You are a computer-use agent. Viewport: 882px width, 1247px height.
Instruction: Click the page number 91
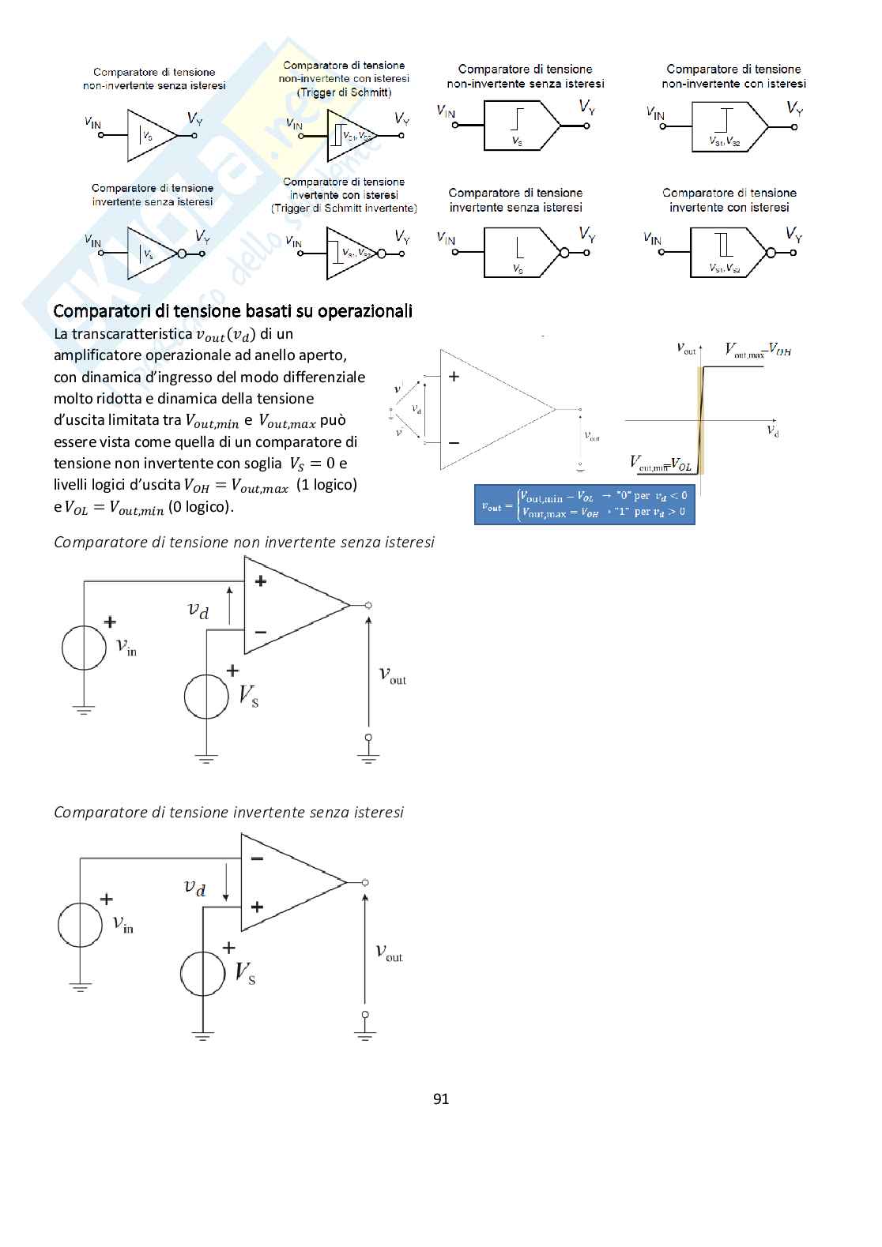[x=441, y=1099]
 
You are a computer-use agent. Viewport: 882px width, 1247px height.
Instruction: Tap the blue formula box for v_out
[x=584, y=504]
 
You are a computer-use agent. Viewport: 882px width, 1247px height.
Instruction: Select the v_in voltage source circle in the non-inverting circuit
[x=84, y=647]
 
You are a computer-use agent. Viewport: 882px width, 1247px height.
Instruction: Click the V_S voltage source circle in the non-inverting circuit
[x=206, y=697]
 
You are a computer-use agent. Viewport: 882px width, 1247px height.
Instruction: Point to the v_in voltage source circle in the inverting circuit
[x=80, y=925]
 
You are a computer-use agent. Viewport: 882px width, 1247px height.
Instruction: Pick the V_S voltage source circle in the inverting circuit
[x=202, y=974]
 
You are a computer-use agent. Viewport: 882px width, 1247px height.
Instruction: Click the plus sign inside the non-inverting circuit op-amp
[x=261, y=581]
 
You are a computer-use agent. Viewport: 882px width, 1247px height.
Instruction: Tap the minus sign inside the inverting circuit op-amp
[x=257, y=859]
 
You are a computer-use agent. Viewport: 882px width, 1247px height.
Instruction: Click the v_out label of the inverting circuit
[x=389, y=952]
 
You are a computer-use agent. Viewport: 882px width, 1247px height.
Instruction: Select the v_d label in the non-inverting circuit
[x=198, y=610]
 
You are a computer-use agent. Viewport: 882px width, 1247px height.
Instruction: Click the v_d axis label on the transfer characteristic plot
[x=772, y=430]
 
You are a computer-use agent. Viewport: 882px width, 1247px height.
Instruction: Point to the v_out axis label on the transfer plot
[x=686, y=347]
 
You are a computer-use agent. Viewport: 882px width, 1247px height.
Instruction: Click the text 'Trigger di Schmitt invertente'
[x=344, y=208]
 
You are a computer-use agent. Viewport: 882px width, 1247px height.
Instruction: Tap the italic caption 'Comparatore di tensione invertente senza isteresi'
[x=228, y=812]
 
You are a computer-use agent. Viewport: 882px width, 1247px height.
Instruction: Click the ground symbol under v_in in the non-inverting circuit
[x=84, y=710]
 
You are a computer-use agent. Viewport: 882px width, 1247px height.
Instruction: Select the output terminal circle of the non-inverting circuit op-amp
[x=368, y=606]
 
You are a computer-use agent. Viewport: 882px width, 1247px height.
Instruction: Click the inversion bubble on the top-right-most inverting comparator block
[x=771, y=253]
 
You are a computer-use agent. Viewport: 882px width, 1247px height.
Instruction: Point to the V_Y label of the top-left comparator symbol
[x=194, y=118]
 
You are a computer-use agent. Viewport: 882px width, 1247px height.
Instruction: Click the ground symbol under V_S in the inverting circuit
[x=202, y=1036]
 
